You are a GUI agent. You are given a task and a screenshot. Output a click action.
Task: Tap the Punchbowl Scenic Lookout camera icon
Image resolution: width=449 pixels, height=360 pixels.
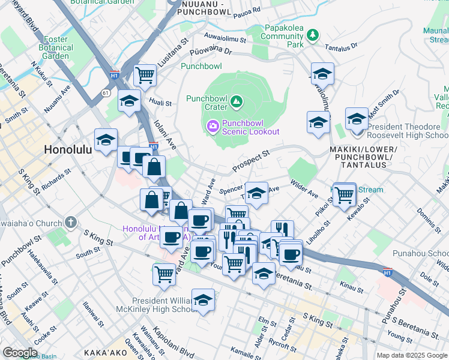click(x=212, y=126)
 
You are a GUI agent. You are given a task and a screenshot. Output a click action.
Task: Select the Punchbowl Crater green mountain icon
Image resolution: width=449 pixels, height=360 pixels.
click(x=237, y=103)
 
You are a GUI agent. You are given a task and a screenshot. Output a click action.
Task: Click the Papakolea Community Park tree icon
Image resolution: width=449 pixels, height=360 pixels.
click(x=312, y=36)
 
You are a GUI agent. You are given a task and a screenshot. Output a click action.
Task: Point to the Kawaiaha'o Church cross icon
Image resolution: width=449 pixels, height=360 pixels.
click(x=71, y=223)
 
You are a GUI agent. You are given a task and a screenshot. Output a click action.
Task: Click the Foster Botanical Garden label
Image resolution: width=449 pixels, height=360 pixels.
click(x=56, y=48)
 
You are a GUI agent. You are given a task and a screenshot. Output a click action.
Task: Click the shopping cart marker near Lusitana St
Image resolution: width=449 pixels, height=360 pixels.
click(x=145, y=76)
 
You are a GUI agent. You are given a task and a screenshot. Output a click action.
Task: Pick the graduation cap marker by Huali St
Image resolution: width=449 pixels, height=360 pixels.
click(x=129, y=102)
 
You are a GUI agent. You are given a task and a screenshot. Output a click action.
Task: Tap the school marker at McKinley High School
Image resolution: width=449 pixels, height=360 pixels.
click(x=203, y=301)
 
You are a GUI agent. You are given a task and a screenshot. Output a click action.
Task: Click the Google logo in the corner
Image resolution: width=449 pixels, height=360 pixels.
click(x=20, y=353)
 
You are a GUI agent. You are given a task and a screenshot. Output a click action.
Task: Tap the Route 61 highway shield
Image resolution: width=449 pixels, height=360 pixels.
click(x=106, y=93)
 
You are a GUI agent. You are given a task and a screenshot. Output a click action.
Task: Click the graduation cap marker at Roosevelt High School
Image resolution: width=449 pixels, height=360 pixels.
click(x=357, y=119)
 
